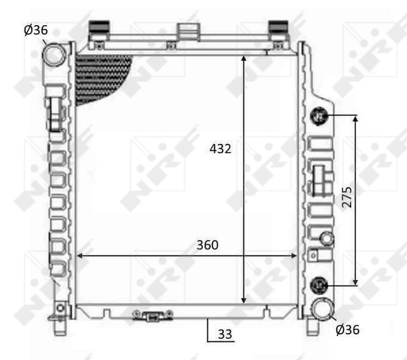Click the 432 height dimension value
tap(221, 148)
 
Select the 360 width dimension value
tap(207, 245)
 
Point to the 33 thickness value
tap(225, 334)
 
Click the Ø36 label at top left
tap(36, 30)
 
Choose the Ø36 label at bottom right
tap(347, 329)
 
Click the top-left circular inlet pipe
tap(54, 55)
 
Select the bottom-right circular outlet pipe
tap(322, 309)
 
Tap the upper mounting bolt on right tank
tap(318, 116)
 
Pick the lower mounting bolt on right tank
tap(318, 284)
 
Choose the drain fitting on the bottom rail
tap(154, 315)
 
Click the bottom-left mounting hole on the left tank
tap(60, 308)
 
